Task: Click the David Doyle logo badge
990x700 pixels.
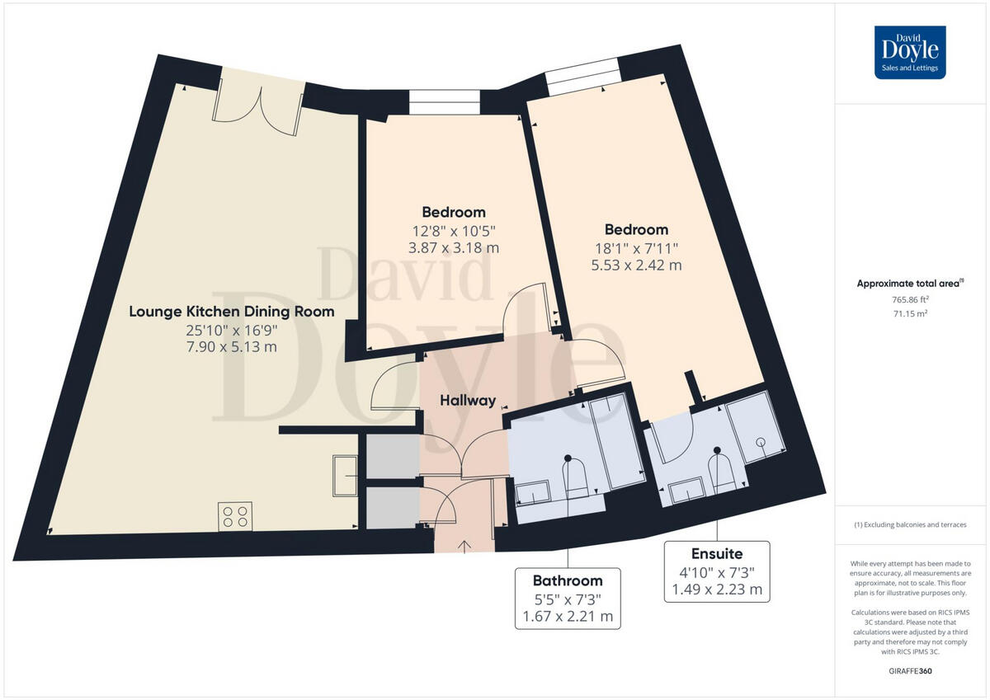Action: pyautogui.click(x=910, y=52)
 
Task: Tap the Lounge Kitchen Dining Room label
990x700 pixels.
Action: pyautogui.click(x=232, y=312)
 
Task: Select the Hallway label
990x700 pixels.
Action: pyautogui.click(x=468, y=401)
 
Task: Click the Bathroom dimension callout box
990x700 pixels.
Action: pyautogui.click(x=567, y=598)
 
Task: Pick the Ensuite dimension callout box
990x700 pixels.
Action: pyautogui.click(x=717, y=571)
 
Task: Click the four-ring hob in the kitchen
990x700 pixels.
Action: pyautogui.click(x=235, y=515)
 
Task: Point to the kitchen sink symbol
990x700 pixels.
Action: pyautogui.click(x=345, y=475)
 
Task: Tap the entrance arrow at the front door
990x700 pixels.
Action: pyautogui.click(x=464, y=545)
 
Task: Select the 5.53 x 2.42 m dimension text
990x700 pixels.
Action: pyautogui.click(x=636, y=265)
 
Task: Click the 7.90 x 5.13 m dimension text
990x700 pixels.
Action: pyautogui.click(x=232, y=346)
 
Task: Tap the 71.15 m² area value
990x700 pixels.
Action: pyautogui.click(x=910, y=314)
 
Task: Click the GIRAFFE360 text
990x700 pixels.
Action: pyautogui.click(x=910, y=671)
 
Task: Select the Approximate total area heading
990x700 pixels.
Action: pyautogui.click(x=910, y=283)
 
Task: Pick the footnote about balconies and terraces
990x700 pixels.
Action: pyautogui.click(x=910, y=525)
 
